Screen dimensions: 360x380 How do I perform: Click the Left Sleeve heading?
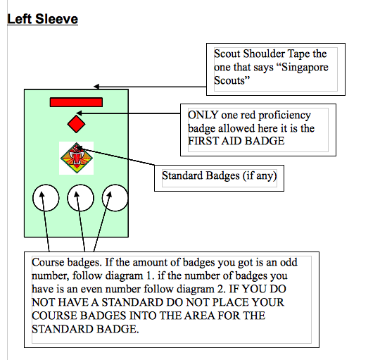tap(42, 19)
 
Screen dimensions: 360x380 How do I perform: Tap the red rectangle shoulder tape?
tap(76, 102)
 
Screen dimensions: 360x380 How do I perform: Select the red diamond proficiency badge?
tap(76, 124)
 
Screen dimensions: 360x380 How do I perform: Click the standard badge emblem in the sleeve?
tap(76, 159)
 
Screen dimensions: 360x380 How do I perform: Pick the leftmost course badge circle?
tap(45, 199)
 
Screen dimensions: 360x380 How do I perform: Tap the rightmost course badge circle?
tap(115, 199)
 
